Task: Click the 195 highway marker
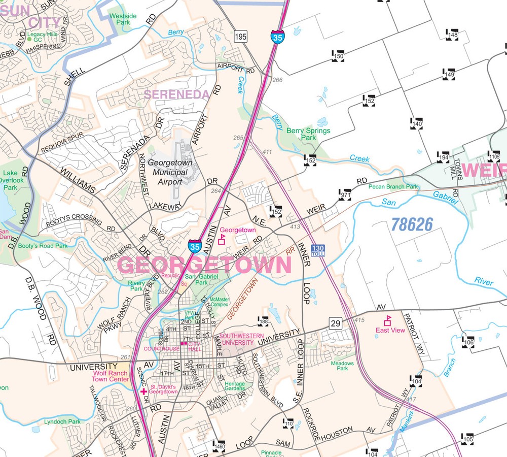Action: click(x=240, y=36)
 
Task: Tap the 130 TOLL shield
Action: click(x=318, y=250)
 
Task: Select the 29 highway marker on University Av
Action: click(x=335, y=323)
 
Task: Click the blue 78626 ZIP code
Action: click(x=412, y=224)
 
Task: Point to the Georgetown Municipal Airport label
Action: click(x=170, y=173)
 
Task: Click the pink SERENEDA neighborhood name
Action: click(x=176, y=94)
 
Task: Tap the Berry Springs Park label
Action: click(x=308, y=134)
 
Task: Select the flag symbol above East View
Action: click(x=388, y=320)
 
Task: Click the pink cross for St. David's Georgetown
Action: click(x=144, y=391)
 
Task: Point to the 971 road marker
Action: click(x=346, y=195)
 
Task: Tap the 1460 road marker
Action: click(x=219, y=445)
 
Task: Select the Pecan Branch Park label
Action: click(x=393, y=187)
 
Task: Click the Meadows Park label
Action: click(x=342, y=366)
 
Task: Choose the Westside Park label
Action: click(x=123, y=19)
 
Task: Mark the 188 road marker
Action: click(x=263, y=321)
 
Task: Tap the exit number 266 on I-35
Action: click(x=277, y=80)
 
